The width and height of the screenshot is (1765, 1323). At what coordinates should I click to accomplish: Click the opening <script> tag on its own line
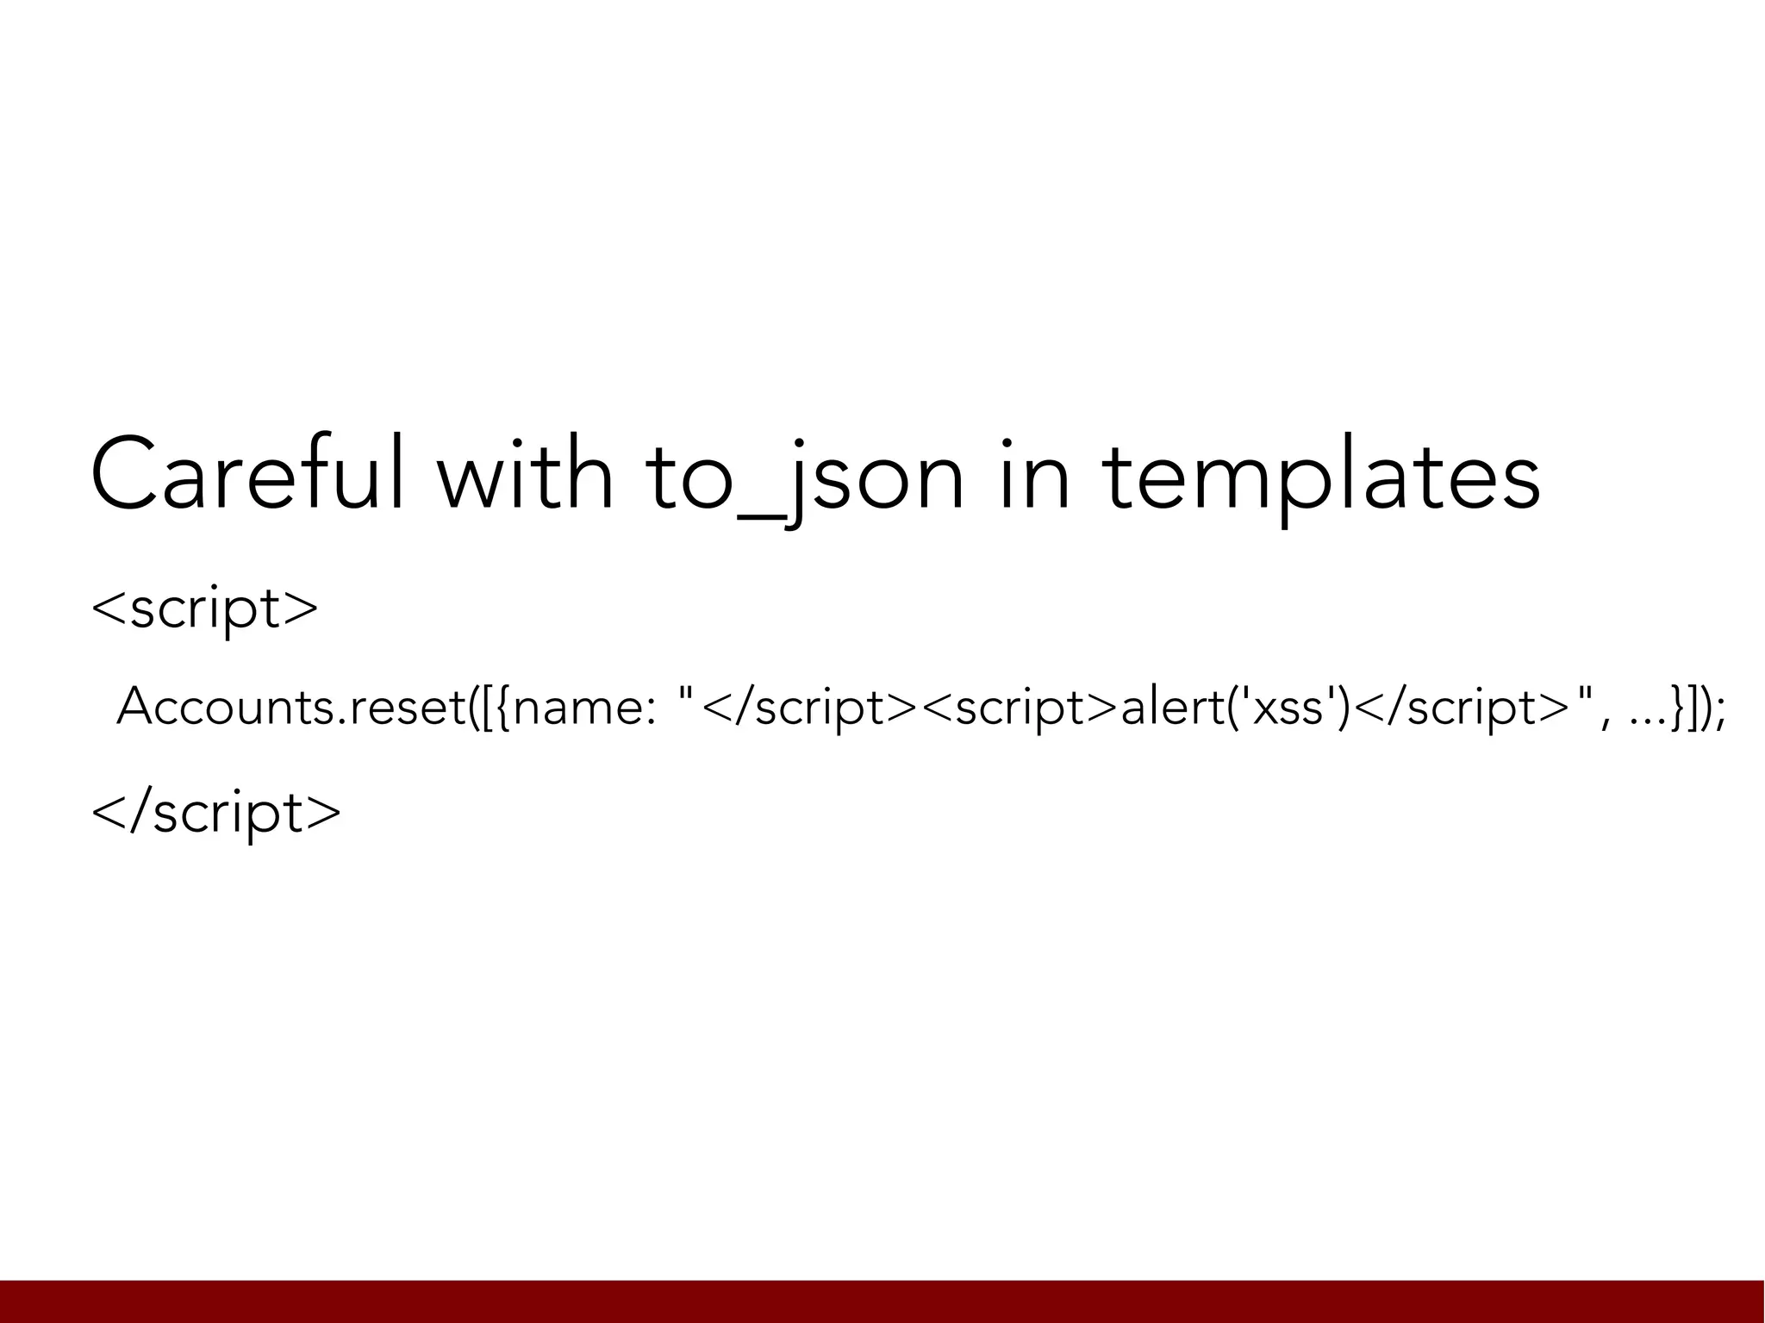pyautogui.click(x=205, y=608)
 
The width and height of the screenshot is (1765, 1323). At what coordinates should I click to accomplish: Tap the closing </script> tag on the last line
pyautogui.click(x=216, y=812)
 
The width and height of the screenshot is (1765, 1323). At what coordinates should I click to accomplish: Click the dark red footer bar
pyautogui.click(x=882, y=1301)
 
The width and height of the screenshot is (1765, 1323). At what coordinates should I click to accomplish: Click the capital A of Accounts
pyautogui.click(x=138, y=707)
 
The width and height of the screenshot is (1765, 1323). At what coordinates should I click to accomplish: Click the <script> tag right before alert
pyautogui.click(x=1020, y=707)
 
